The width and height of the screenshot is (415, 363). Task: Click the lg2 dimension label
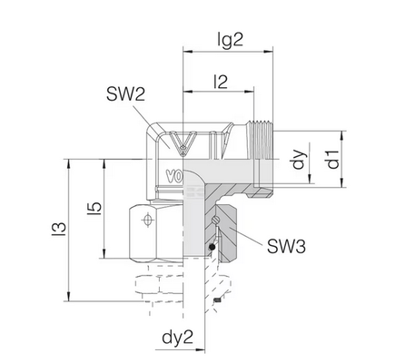click(231, 40)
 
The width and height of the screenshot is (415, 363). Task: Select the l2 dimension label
click(221, 82)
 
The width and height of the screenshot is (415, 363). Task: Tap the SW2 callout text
click(125, 94)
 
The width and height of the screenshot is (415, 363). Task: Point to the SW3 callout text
click(286, 246)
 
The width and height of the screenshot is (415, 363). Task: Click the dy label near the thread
click(299, 159)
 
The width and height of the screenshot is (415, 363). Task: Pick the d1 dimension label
click(333, 159)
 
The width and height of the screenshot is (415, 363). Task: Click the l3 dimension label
click(59, 229)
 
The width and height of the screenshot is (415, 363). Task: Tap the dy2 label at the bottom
click(177, 338)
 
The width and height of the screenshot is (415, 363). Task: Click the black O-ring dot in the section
click(212, 248)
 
